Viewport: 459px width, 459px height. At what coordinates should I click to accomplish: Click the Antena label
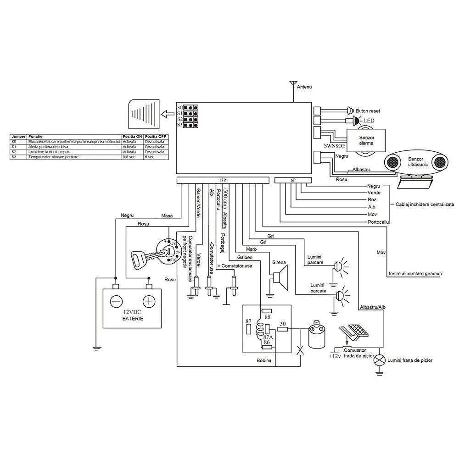point(304,87)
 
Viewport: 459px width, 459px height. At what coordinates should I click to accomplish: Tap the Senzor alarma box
point(366,140)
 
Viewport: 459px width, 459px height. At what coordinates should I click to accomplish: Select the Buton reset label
point(368,111)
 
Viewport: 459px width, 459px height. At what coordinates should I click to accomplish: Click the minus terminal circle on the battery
point(116,301)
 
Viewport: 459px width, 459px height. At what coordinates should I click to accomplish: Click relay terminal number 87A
point(268,337)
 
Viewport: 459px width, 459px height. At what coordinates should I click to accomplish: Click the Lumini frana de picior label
point(410,360)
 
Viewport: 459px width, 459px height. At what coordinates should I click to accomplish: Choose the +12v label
point(335,356)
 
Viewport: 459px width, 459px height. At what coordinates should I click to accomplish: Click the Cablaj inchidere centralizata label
point(425,204)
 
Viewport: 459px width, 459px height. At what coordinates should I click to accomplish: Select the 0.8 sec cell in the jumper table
point(129,157)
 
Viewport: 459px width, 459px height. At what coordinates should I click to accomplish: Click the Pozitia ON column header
point(132,137)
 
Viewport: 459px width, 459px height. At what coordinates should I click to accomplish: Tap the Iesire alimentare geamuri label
point(415,273)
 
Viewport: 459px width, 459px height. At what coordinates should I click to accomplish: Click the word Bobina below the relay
point(264,360)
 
